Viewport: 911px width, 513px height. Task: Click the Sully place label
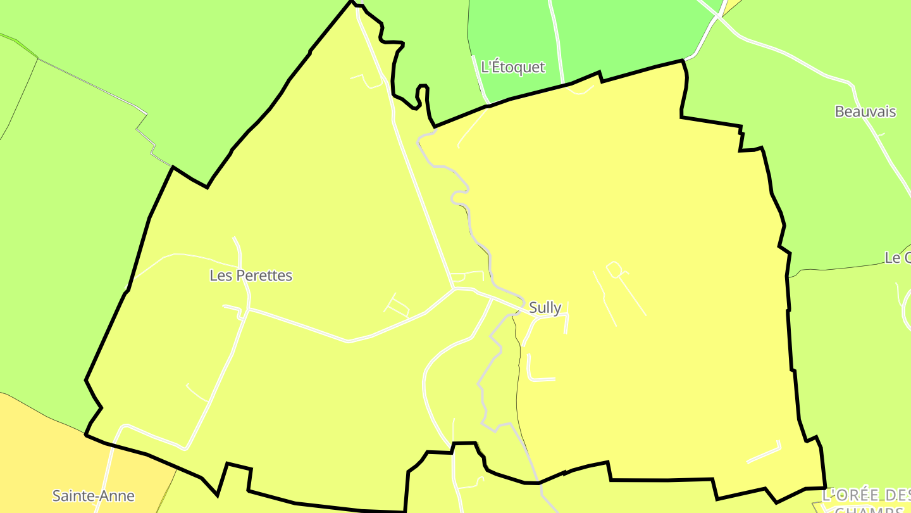click(x=545, y=308)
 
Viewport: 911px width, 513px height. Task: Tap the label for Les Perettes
click(x=251, y=275)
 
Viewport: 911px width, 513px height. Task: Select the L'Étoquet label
click(x=512, y=67)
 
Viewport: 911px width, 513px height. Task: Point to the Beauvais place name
click(x=865, y=112)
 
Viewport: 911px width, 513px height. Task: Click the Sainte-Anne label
click(x=93, y=495)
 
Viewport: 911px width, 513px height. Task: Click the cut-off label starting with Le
click(x=897, y=258)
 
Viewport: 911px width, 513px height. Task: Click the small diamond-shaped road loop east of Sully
click(x=614, y=270)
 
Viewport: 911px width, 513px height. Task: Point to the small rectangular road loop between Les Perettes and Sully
click(x=397, y=307)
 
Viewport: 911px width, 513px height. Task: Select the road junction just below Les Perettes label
click(x=247, y=310)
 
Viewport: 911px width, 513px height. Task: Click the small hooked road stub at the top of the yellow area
click(x=368, y=80)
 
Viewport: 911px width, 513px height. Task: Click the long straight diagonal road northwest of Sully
click(x=421, y=196)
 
